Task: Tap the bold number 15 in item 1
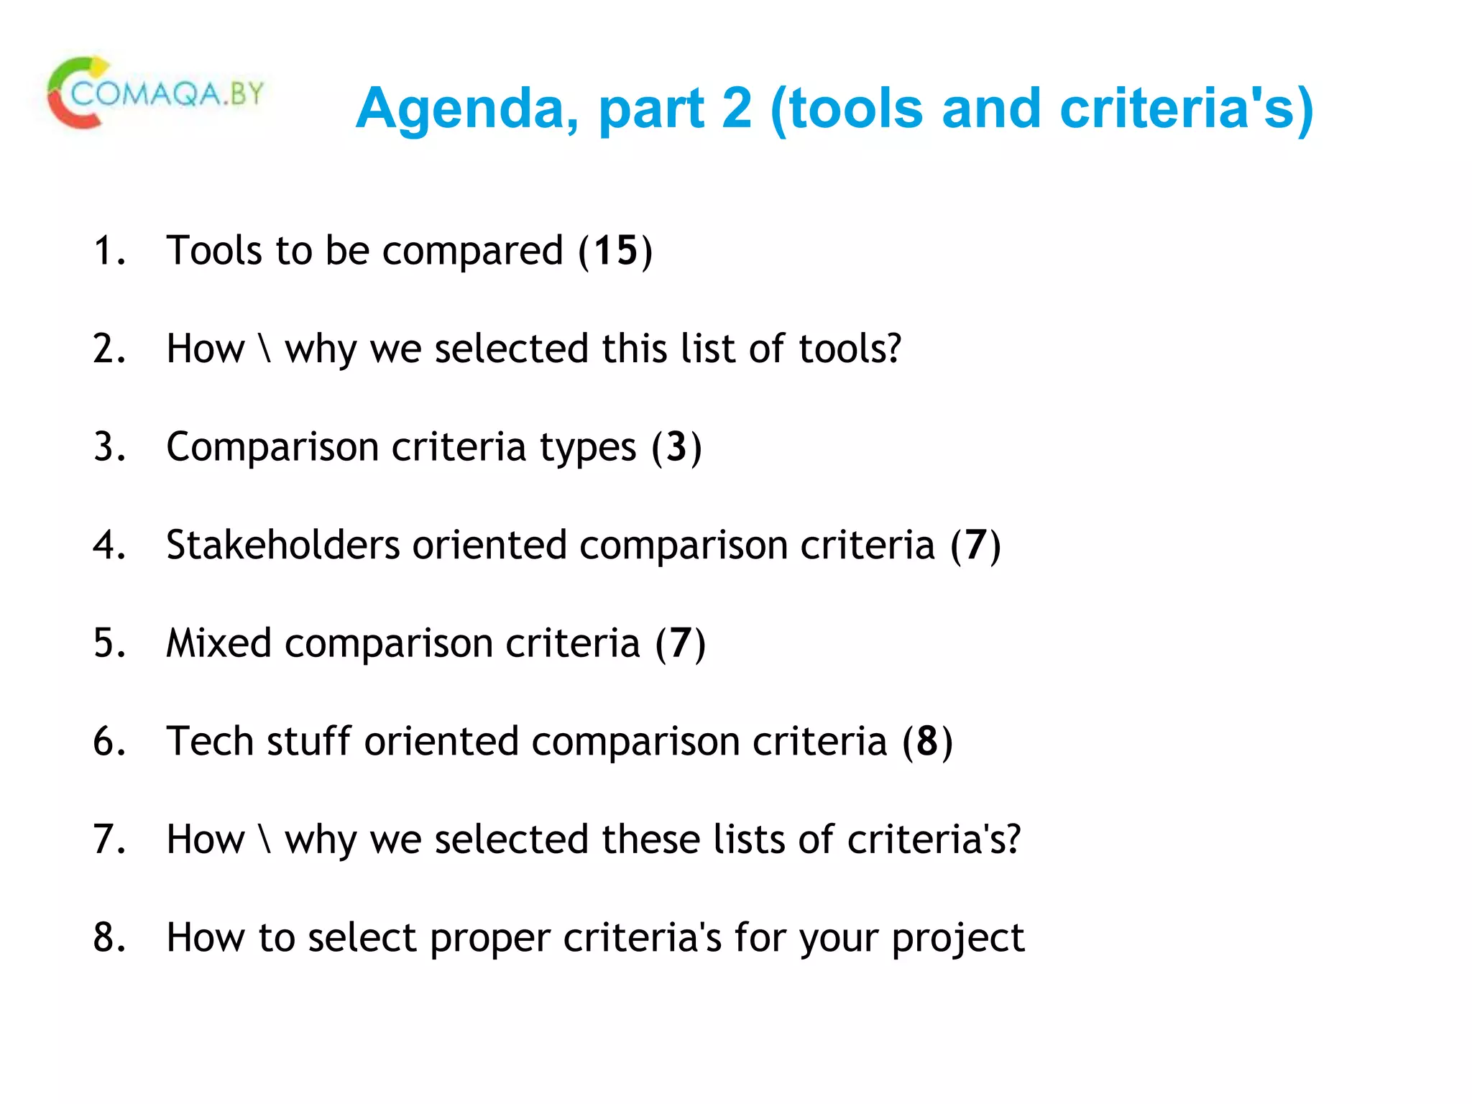[x=616, y=251]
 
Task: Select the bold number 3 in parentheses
[x=676, y=447]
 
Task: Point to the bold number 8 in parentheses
[x=927, y=741]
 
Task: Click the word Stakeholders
[x=282, y=545]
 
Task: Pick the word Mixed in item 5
[x=218, y=643]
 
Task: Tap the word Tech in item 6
[x=210, y=741]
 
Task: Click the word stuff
[x=308, y=741]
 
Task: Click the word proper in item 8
[x=490, y=939]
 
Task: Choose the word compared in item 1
[x=472, y=252]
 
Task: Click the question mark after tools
[x=893, y=349]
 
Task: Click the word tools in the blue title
[x=855, y=109]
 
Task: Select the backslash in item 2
[x=265, y=349]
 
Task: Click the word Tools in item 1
[x=213, y=251]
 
